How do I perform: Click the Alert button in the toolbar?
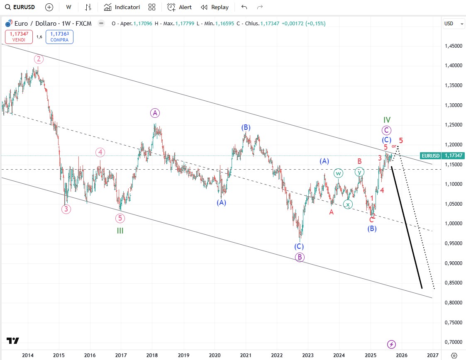coord(179,7)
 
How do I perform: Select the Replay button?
coord(215,7)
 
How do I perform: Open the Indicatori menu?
coord(122,7)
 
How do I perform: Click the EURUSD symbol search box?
coord(21,7)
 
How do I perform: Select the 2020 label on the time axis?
coord(215,355)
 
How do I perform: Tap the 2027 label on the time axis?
coord(432,355)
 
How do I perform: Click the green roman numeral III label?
coord(120,231)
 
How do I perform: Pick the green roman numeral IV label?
coord(387,120)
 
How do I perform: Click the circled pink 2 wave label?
coord(39,59)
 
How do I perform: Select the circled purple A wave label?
coord(155,112)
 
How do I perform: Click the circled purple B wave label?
coord(300,257)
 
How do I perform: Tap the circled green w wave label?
coord(339,173)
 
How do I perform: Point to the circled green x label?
coord(348,204)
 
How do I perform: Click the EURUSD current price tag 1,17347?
coord(442,156)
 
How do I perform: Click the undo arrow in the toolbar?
coord(244,7)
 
